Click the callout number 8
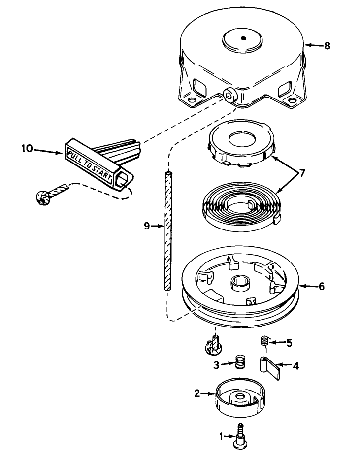pyautogui.click(x=327, y=46)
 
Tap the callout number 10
pyautogui.click(x=27, y=148)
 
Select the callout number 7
pyautogui.click(x=302, y=173)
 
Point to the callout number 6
pyautogui.click(x=322, y=286)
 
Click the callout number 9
pyautogui.click(x=147, y=226)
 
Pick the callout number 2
pyautogui.click(x=197, y=393)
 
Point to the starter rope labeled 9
pyautogui.click(x=168, y=231)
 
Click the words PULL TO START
pyautogui.click(x=89, y=164)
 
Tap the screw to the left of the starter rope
pyautogui.click(x=51, y=193)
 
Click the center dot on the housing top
pyautogui.click(x=243, y=38)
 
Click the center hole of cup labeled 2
pyautogui.click(x=240, y=396)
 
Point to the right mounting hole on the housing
pyautogui.click(x=292, y=101)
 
